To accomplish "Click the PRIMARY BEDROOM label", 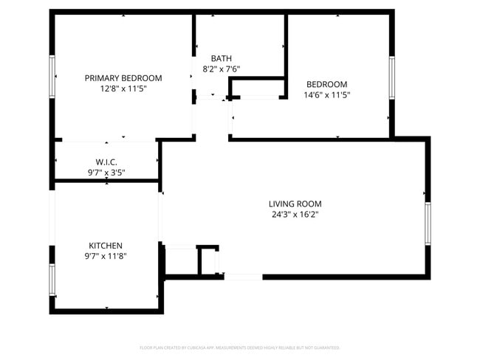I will click(x=123, y=77).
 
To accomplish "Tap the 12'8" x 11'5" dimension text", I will click(x=123, y=89).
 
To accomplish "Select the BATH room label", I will click(x=222, y=58).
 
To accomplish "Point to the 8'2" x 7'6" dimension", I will click(x=222, y=69).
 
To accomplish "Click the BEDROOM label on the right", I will click(x=326, y=84).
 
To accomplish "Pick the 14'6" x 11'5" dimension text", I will click(x=326, y=94).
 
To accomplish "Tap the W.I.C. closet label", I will click(x=106, y=162).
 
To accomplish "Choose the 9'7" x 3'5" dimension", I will click(x=106, y=173).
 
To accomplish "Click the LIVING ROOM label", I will click(x=295, y=204).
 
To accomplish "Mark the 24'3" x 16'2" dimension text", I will click(x=295, y=215).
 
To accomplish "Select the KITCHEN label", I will click(x=106, y=246).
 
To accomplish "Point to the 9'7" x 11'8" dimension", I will click(x=106, y=257).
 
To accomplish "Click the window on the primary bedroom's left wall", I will click(x=52, y=76).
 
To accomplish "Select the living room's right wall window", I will click(x=428, y=223).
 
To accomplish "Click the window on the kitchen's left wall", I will click(x=52, y=280).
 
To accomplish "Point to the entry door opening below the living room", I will click(x=243, y=277).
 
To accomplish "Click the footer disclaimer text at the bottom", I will click(x=239, y=347).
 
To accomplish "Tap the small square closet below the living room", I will click(x=208, y=260).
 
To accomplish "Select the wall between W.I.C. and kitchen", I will click(x=106, y=181).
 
